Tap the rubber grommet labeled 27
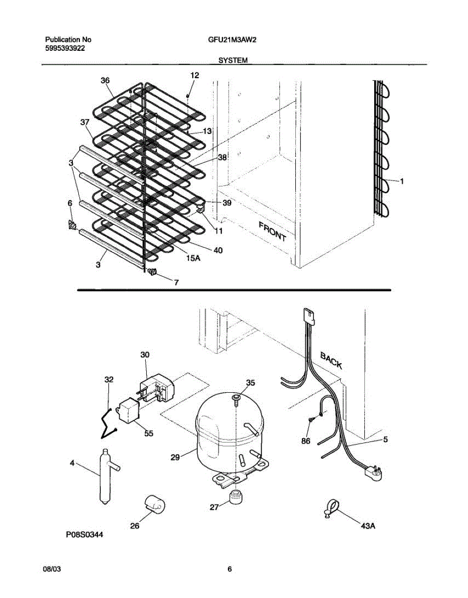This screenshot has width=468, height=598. pos(234,497)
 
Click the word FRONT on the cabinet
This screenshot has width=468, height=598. pos(272,231)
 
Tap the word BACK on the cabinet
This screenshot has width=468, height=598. pos(331,360)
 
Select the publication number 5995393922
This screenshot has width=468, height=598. pos(64,48)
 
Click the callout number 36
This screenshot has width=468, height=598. pos(105,80)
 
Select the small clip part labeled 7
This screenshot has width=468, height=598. pos(152,271)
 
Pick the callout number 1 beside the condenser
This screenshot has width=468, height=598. pos(402,181)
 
